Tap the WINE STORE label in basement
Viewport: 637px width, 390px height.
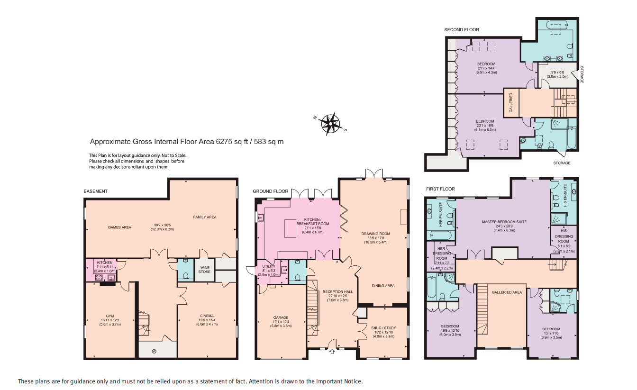[204, 270]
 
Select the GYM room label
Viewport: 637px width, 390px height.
[110, 316]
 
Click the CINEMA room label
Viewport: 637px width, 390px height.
[207, 316]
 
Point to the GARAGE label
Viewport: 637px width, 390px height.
[281, 317]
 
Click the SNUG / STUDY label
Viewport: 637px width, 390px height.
[383, 328]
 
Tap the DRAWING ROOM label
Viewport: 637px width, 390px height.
[375, 234]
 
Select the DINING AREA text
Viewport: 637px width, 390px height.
[383, 286]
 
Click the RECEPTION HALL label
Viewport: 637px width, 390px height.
[337, 292]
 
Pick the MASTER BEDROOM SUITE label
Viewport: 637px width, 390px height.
[504, 222]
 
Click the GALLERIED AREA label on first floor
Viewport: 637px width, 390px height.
[507, 292]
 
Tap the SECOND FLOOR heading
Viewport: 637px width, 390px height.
[461, 30]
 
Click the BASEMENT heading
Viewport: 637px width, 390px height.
[96, 191]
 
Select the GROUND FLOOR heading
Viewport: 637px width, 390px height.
[270, 191]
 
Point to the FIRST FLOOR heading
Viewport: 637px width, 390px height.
[440, 189]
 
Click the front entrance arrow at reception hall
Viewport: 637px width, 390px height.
[332, 351]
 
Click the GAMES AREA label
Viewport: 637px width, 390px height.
[119, 227]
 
